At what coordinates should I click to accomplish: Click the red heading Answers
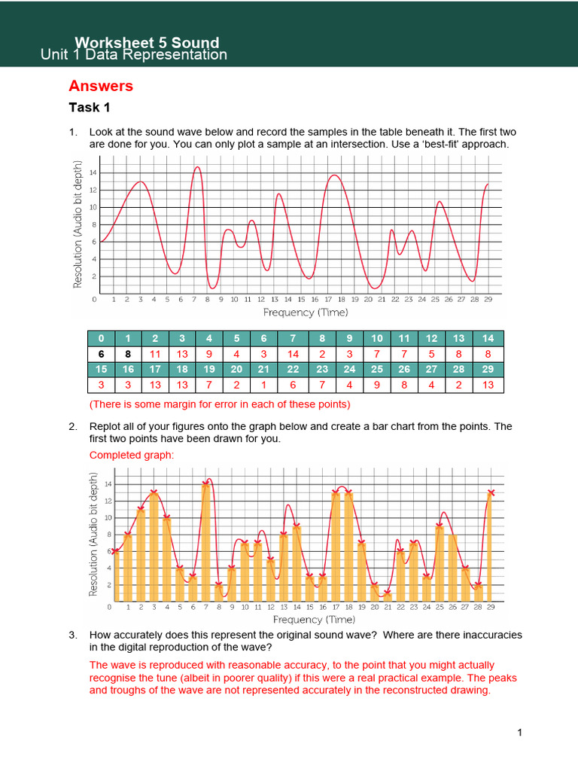pyautogui.click(x=101, y=86)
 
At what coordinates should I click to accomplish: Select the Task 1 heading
pyautogui.click(x=90, y=108)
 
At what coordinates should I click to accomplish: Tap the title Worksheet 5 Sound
pyautogui.click(x=147, y=42)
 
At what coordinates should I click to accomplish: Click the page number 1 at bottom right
pyautogui.click(x=519, y=732)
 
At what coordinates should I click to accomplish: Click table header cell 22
pyautogui.click(x=293, y=369)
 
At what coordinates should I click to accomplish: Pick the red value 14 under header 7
pyautogui.click(x=293, y=353)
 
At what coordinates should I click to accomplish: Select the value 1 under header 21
pyautogui.click(x=263, y=385)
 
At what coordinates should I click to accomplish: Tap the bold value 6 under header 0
pyautogui.click(x=101, y=353)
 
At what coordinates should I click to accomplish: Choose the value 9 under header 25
pyautogui.click(x=377, y=385)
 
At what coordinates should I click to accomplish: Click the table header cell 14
pyautogui.click(x=488, y=337)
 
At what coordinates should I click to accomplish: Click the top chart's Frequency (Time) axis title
pyautogui.click(x=306, y=312)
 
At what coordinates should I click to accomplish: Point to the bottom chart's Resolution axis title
pyautogui.click(x=94, y=535)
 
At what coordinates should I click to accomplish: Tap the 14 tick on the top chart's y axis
pyautogui.click(x=94, y=172)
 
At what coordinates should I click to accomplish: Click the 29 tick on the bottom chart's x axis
pyautogui.click(x=491, y=607)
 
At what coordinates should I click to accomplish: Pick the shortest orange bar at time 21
pyautogui.click(x=388, y=596)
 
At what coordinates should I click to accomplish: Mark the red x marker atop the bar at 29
pyautogui.click(x=491, y=493)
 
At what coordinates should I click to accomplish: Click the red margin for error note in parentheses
pyautogui.click(x=220, y=404)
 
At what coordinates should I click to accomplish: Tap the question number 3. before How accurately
pyautogui.click(x=73, y=635)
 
